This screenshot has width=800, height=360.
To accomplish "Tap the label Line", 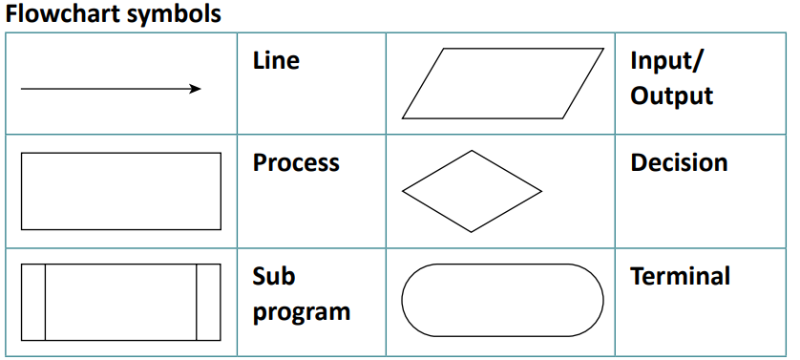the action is [x=276, y=61].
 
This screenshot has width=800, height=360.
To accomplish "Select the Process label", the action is [x=296, y=163].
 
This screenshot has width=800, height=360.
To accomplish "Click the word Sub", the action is [x=274, y=277].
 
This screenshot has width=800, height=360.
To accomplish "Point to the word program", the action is [x=301, y=312].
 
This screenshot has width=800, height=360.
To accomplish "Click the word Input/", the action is [x=666, y=61].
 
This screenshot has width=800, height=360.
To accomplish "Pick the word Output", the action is [x=672, y=96].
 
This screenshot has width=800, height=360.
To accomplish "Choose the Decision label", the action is [x=679, y=163].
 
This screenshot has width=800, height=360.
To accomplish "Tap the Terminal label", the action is [x=680, y=277].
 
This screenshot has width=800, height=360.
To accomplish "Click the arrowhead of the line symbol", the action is [x=196, y=89].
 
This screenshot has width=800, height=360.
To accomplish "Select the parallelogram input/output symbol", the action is [x=503, y=83].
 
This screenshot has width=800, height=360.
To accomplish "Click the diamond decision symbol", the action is [x=472, y=191].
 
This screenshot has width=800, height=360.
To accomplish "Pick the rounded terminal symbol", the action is [x=502, y=300].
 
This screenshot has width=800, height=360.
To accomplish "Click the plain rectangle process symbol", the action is [x=120, y=191].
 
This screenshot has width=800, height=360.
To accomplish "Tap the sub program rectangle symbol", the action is [x=120, y=302].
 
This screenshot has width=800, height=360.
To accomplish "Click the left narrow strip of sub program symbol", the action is [x=33, y=302].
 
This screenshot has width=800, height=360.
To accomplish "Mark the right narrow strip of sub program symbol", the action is [x=208, y=302].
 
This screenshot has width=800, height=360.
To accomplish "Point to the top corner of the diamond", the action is [x=472, y=151].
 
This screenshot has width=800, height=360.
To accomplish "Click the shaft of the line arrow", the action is [x=105, y=89].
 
